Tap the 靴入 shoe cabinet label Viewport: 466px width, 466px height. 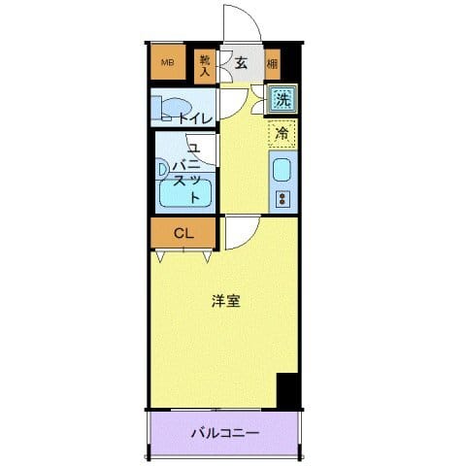point(205,64)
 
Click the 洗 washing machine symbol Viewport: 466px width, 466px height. point(282,98)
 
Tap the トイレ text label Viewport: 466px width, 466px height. point(194,117)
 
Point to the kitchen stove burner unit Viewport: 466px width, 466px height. point(283,199)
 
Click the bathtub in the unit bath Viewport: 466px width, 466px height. point(184,193)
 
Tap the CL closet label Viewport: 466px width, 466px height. point(182,233)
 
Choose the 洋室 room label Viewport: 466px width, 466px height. point(226,301)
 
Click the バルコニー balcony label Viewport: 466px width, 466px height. point(223,432)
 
